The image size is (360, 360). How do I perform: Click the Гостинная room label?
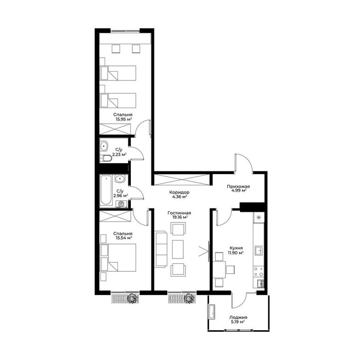(179, 213)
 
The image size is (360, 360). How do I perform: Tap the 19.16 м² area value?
(179, 217)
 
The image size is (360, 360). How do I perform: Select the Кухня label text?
(236, 248)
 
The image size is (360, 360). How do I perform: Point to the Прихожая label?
(238, 186)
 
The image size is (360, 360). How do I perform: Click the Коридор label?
(179, 193)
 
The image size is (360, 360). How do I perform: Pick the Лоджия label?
(238, 318)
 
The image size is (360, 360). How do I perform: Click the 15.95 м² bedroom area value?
(123, 119)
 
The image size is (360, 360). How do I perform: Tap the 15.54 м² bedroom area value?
(124, 238)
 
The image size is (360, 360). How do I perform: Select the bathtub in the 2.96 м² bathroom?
(106, 190)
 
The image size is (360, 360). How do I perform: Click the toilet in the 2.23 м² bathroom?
(106, 158)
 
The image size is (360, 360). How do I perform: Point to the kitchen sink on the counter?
(259, 250)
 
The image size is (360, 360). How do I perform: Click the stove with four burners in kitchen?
(259, 271)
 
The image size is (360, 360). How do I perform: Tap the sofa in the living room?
(161, 249)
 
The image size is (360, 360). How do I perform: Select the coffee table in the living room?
(178, 249)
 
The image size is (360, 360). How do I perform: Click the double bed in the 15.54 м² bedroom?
(118, 258)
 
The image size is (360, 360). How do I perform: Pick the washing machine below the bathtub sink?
(121, 203)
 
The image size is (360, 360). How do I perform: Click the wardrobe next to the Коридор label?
(182, 180)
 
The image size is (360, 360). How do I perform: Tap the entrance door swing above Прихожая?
(244, 163)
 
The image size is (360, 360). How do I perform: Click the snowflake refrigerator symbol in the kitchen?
(259, 217)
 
